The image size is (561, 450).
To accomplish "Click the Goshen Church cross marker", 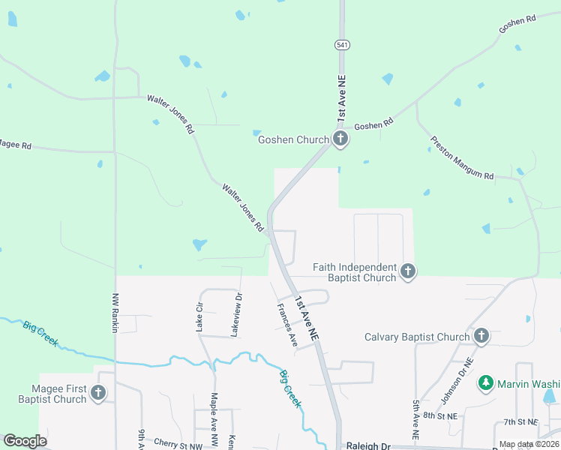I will pyautogui.click(x=340, y=139).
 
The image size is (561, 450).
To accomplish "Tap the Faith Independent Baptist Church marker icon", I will pyautogui.click(x=407, y=271).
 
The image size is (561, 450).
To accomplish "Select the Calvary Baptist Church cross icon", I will pyautogui.click(x=481, y=337).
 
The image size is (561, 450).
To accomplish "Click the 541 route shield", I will pyautogui.click(x=342, y=45).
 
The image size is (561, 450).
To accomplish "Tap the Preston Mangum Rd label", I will pyautogui.click(x=462, y=158).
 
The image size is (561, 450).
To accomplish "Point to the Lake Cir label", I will pyautogui.click(x=199, y=317).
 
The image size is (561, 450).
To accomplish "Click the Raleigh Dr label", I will pyautogui.click(x=368, y=445).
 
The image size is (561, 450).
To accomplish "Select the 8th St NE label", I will pyautogui.click(x=439, y=414).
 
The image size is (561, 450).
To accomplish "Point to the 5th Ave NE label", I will pyautogui.click(x=415, y=424).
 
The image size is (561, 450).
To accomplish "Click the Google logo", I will pyautogui.click(x=25, y=441).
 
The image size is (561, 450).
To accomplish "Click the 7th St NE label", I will pyautogui.click(x=521, y=421).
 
